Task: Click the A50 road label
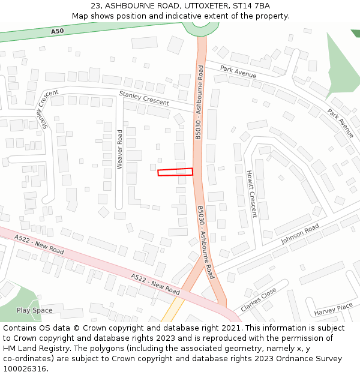point(57,31)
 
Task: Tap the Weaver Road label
point(119,149)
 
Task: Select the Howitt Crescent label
point(251,193)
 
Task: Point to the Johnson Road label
point(300,234)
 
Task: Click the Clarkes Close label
point(259,299)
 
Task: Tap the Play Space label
point(34,310)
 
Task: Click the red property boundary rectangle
point(175,172)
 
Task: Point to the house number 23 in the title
point(96,6)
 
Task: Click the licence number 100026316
point(25,369)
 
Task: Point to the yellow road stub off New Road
point(173,311)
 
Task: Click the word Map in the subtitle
point(80,16)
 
